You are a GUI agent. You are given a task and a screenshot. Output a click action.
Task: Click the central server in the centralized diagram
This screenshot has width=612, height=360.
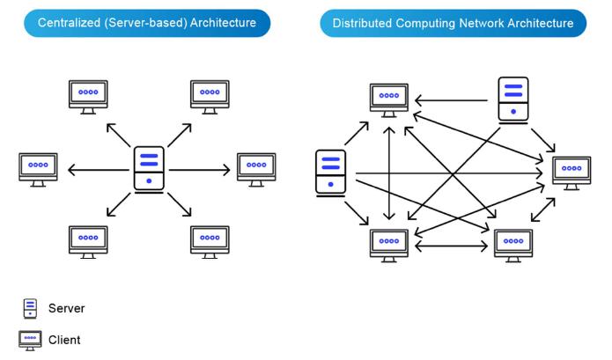pos(148,168)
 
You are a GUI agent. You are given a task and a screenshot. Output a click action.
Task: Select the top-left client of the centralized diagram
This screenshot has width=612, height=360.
pos(88,93)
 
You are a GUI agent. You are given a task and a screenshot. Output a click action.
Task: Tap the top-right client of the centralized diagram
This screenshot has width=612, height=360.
pos(210,93)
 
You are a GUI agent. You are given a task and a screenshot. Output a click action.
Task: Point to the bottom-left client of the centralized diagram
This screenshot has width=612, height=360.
pos(88,239)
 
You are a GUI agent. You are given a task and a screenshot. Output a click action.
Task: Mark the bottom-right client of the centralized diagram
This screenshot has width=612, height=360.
pos(210,239)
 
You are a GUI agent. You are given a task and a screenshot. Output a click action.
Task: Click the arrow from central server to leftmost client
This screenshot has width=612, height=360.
pos(96,168)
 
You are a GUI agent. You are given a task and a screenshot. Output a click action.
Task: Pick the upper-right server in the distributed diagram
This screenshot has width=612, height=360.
pos(512,98)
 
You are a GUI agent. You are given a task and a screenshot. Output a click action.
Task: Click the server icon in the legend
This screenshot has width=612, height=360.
pos(31,308)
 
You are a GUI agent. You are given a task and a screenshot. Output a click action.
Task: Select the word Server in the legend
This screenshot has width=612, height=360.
pos(66,309)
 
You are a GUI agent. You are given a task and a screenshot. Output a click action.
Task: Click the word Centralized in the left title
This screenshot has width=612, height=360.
pos(74,22)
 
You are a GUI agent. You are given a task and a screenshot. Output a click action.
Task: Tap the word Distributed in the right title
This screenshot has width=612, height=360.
pos(364,22)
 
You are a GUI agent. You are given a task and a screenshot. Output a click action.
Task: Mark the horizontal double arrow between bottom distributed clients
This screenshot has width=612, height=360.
pos(451,246)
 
